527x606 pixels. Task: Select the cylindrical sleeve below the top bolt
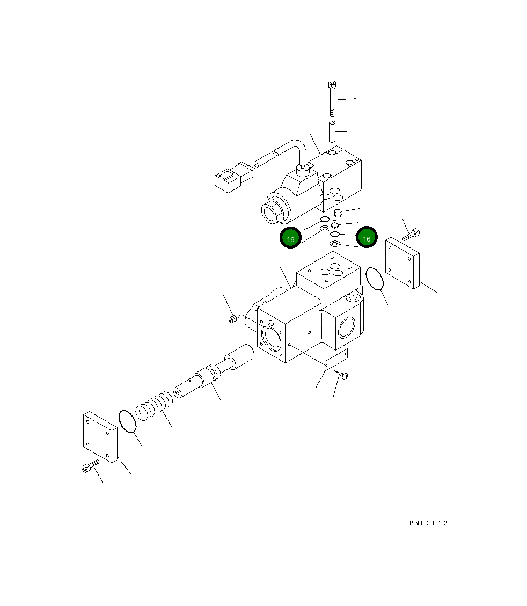click(x=332, y=132)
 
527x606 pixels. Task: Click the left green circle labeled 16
click(x=290, y=239)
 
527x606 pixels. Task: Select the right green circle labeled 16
click(x=367, y=238)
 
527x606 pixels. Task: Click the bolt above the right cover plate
click(x=411, y=234)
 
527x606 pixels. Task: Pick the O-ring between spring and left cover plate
click(x=127, y=421)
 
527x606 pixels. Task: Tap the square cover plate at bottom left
click(x=100, y=438)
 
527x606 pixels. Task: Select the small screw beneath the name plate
click(x=343, y=376)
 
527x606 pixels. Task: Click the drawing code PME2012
click(x=427, y=523)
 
